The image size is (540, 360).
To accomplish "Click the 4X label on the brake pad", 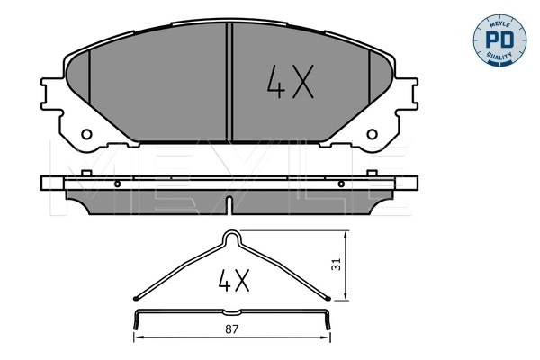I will tap(288, 84).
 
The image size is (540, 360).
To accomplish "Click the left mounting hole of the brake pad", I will tap(87, 136).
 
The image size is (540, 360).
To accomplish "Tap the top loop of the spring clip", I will tap(233, 238).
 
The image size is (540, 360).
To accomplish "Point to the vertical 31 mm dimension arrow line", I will tap(346, 265).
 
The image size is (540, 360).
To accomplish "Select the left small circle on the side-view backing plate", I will tap(119, 183).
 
